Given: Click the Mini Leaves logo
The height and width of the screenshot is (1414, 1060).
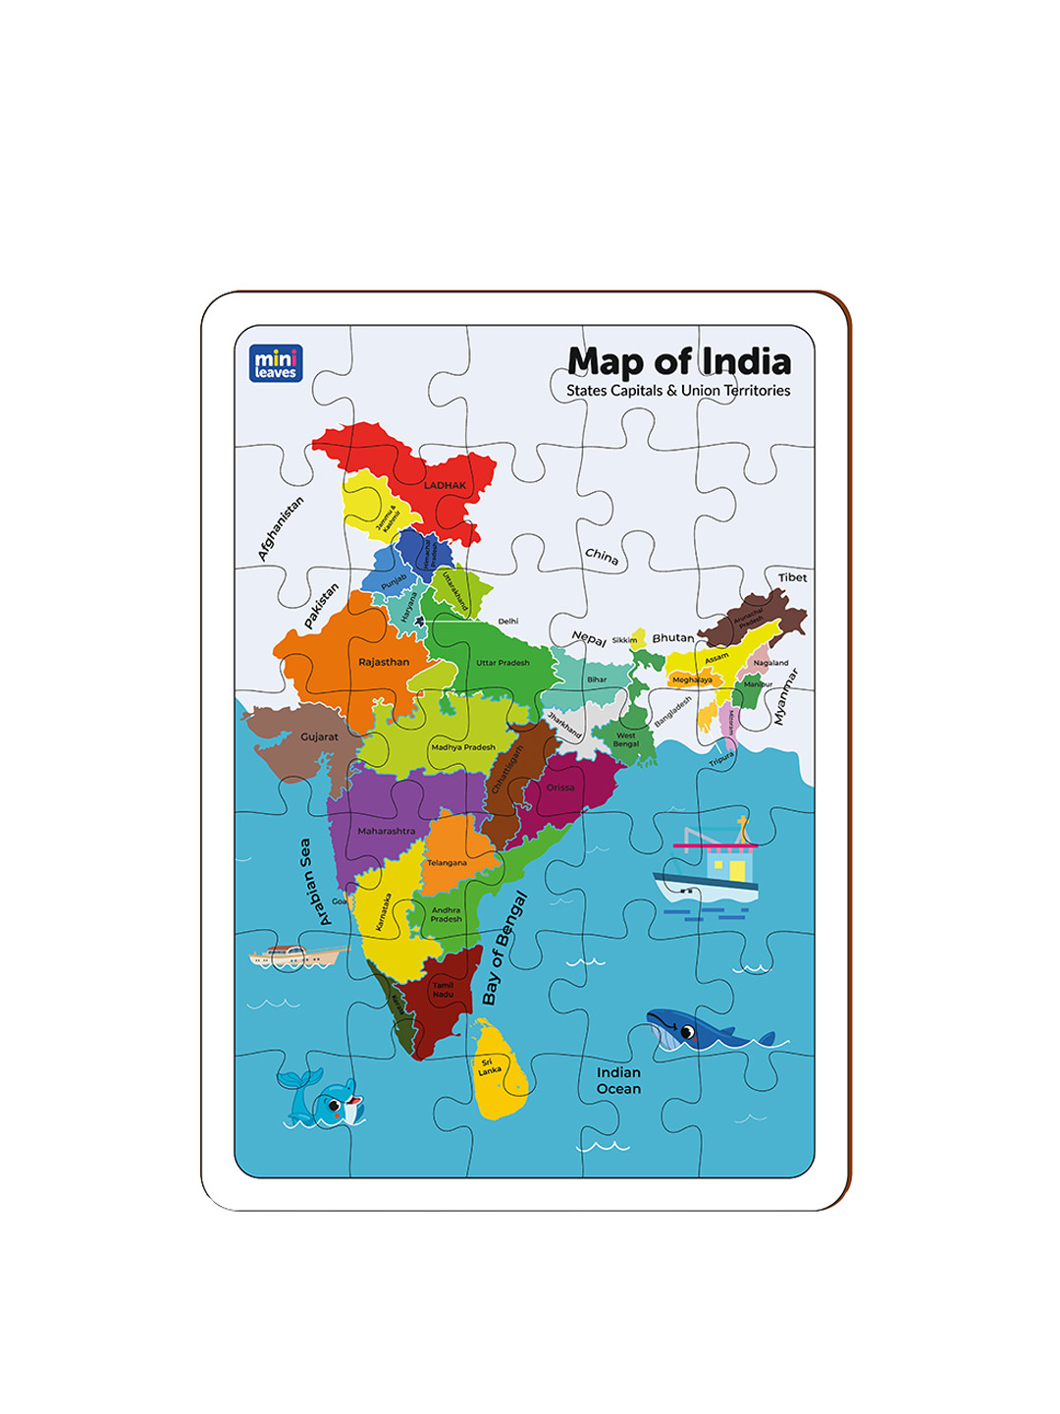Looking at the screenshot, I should (x=276, y=363).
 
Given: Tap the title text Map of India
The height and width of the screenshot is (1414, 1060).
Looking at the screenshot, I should (x=679, y=361).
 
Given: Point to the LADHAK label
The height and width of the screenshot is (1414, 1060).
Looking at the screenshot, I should (x=445, y=485).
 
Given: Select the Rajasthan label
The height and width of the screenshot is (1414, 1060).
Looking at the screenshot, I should (x=384, y=662).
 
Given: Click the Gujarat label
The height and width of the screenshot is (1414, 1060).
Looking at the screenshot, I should (x=319, y=736).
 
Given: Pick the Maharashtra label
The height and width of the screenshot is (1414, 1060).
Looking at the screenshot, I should (x=386, y=831).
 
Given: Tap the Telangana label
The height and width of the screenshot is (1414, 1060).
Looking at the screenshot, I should (x=447, y=863).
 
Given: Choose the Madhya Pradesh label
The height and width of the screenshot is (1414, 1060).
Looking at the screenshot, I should (x=463, y=747).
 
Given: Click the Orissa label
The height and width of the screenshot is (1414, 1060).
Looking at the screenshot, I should (x=560, y=788).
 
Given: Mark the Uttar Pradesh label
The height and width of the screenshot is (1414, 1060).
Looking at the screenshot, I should (x=503, y=663).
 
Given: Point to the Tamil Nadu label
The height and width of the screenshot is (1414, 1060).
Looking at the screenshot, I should (x=444, y=990).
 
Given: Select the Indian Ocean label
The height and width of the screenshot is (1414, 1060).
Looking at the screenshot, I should (x=618, y=1080).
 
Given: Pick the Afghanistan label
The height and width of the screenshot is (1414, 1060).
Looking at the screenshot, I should (x=281, y=528).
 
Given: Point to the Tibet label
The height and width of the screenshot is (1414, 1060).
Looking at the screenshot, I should (x=792, y=577).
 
